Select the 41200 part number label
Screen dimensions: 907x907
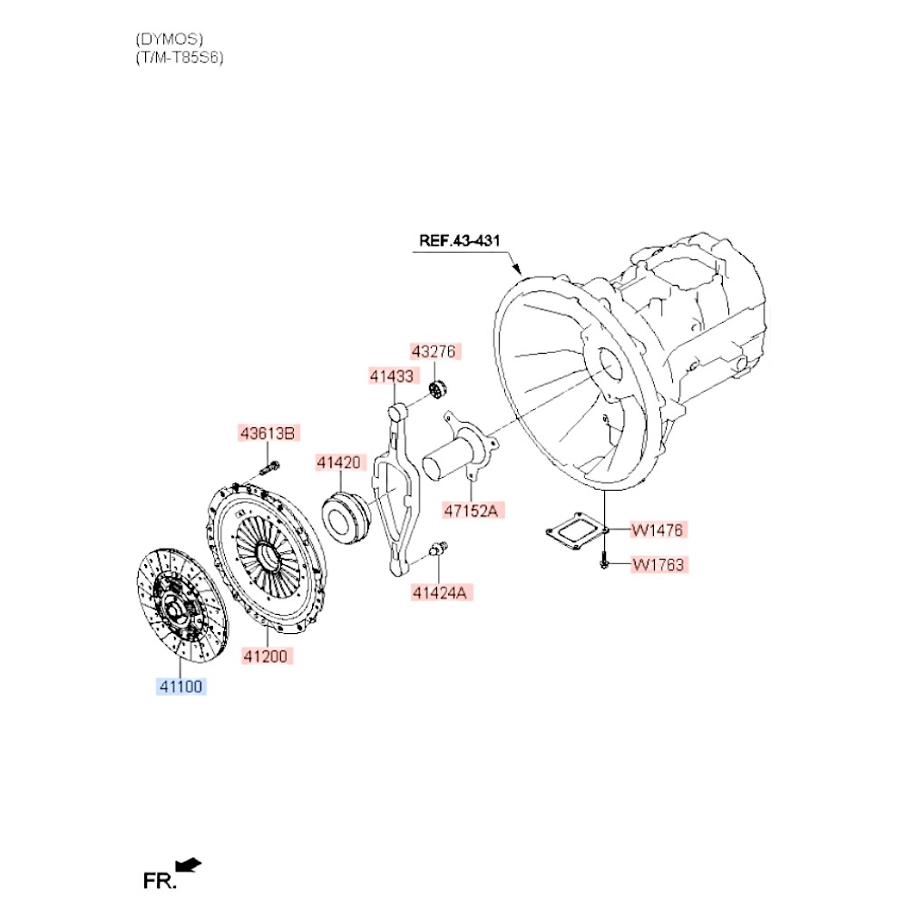point(268,656)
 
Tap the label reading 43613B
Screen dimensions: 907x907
point(268,433)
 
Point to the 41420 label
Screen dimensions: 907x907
point(339,463)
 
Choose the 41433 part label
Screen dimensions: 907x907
point(393,375)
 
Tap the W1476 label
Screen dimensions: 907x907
point(658,529)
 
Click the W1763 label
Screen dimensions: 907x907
point(658,565)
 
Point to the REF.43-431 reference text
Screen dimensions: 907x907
point(460,241)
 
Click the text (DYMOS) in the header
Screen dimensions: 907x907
point(170,39)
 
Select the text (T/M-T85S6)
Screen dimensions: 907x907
point(179,57)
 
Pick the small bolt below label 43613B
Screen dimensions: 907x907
point(270,468)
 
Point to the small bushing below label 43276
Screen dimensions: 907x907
point(439,391)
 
